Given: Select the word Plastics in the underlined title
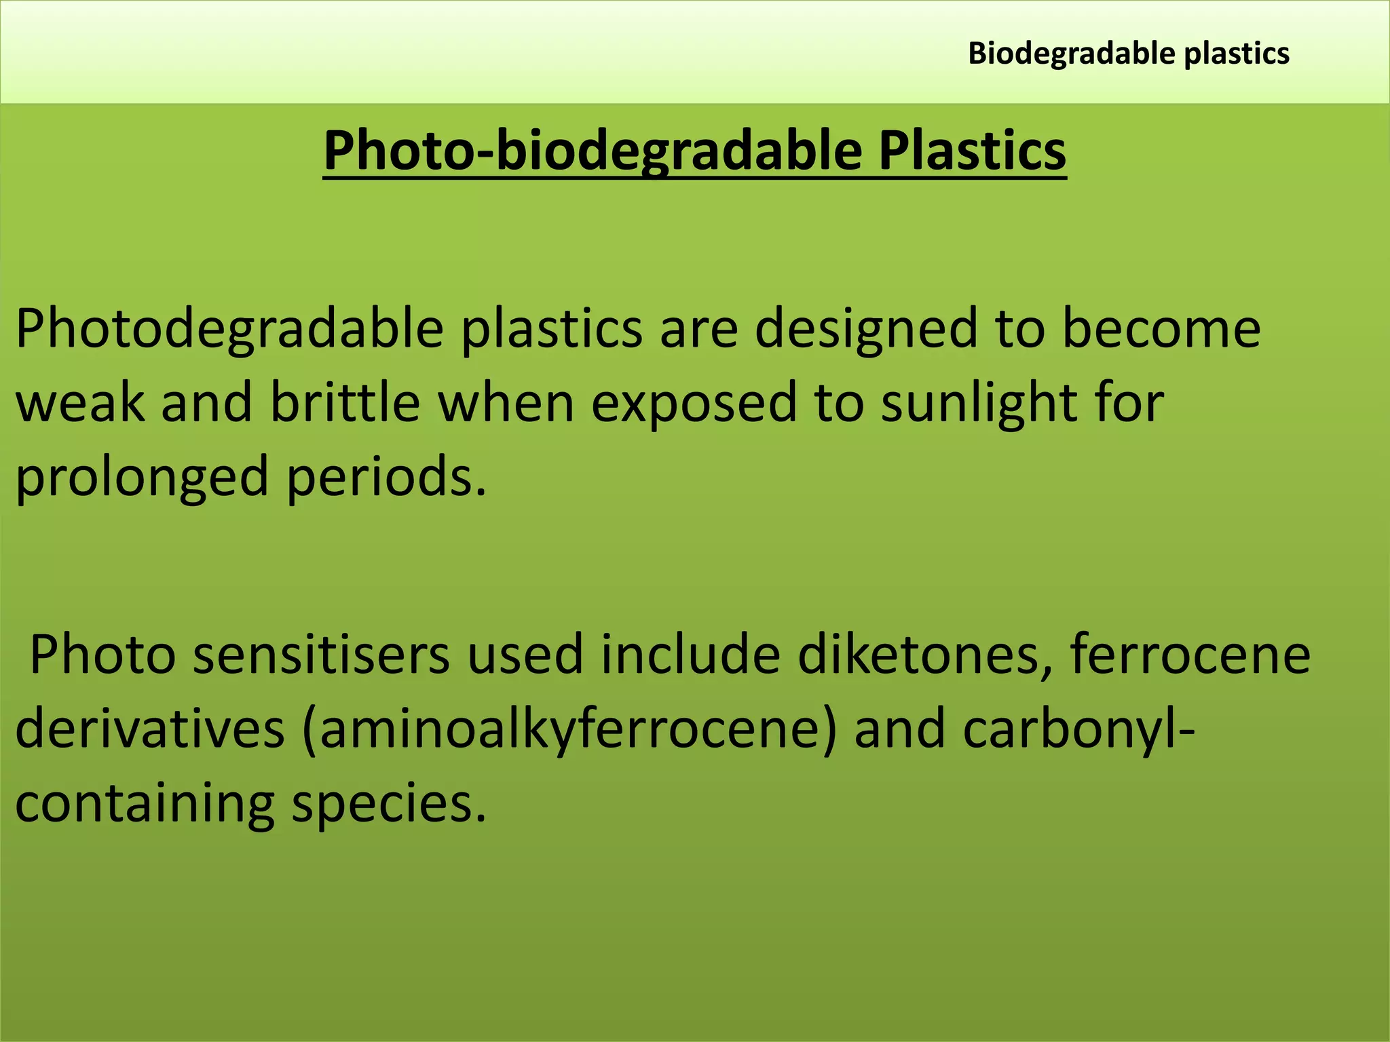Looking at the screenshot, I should (972, 150).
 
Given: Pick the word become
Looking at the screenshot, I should (1161, 328).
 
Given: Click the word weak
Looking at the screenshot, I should (80, 402).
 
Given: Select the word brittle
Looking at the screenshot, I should (345, 402).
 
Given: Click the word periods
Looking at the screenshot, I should (386, 477).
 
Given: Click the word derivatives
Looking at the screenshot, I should (149, 729).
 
